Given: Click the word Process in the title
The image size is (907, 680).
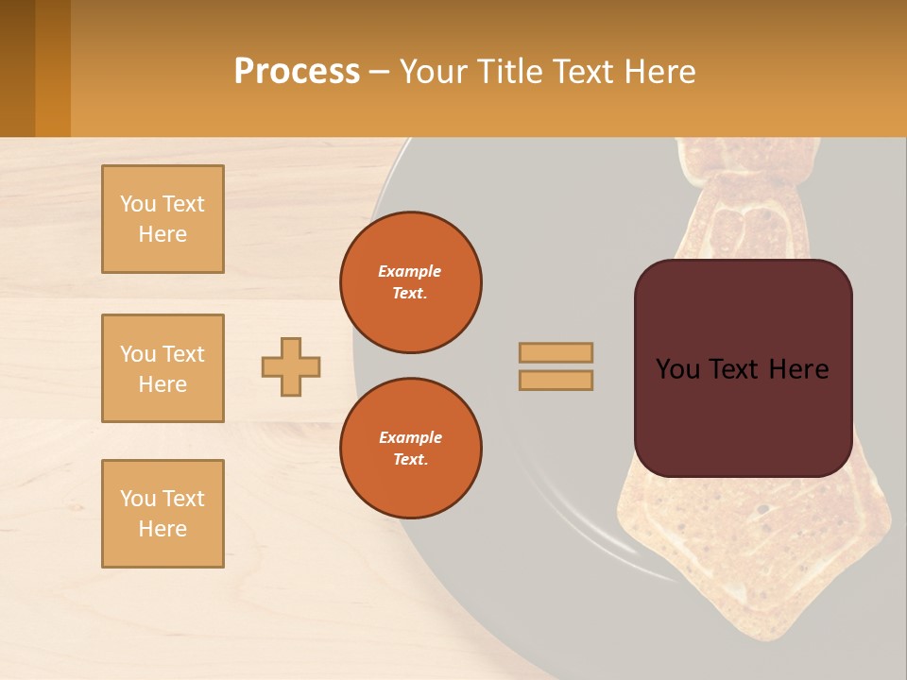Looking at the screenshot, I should tap(297, 72).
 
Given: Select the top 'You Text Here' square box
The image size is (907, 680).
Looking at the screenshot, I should tap(163, 219).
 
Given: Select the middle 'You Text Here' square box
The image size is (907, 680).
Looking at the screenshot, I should tap(163, 368).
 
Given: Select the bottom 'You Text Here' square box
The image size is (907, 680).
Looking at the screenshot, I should tap(163, 514).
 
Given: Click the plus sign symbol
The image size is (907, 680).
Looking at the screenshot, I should tap(291, 366).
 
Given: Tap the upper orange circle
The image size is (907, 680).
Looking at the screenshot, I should tap(411, 282).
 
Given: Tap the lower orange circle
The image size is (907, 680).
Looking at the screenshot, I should tap(411, 449).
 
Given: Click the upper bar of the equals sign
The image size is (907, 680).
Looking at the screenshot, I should tap(556, 353).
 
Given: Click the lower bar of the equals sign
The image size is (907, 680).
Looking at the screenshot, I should tap(556, 380).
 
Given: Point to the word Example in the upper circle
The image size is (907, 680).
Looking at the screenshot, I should tap(410, 271).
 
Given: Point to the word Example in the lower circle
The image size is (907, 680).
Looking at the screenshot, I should tap(410, 437).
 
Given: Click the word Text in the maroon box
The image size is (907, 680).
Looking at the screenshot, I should tap(737, 369).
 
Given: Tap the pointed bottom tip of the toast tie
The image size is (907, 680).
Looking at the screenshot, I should tap(751, 635).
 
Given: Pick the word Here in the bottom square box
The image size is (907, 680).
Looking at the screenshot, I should tap(163, 529).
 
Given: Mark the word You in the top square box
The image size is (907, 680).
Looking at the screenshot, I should tap(137, 204).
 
